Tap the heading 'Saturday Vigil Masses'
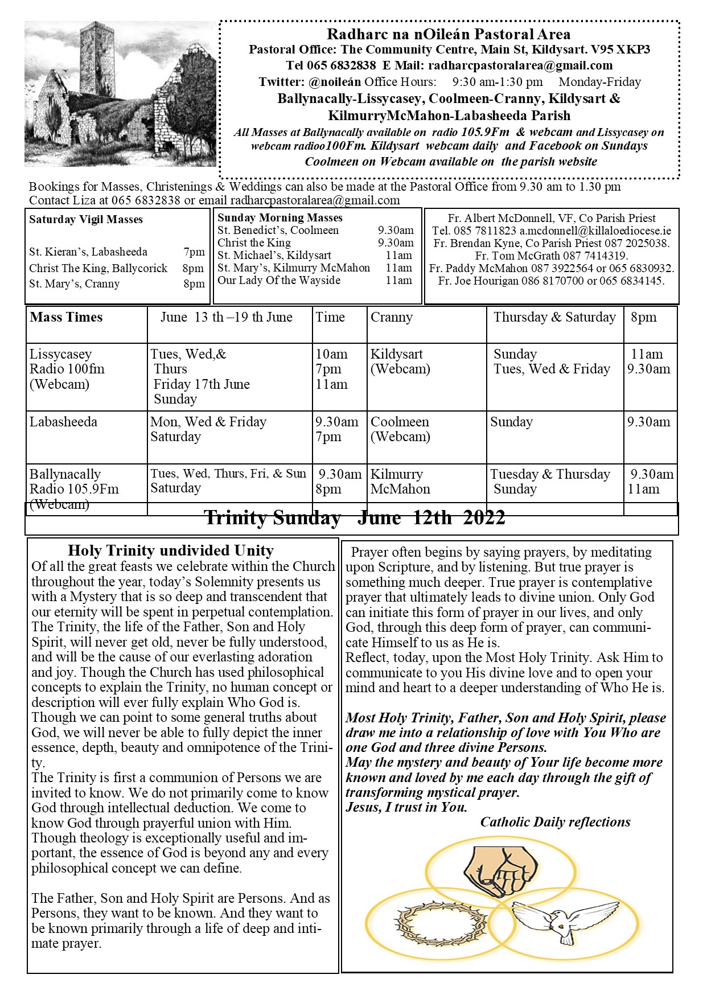[x=86, y=220]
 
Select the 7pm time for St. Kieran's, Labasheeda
[x=194, y=252]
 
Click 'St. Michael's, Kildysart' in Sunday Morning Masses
[x=274, y=256]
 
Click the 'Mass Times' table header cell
[x=67, y=318]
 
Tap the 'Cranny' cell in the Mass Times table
[x=392, y=318]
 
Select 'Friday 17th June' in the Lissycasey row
[x=202, y=384]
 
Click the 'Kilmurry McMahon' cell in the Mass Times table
[x=400, y=482]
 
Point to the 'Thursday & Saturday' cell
[x=554, y=318]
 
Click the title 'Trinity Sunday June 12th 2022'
[x=354, y=518]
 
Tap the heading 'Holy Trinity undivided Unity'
[x=171, y=550]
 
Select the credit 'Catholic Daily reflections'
[x=555, y=822]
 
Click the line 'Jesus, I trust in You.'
[x=406, y=807]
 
